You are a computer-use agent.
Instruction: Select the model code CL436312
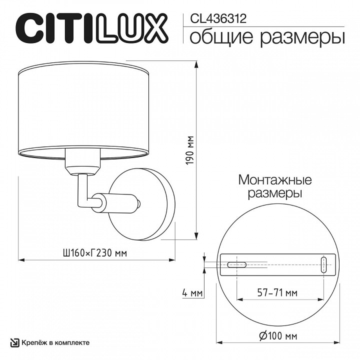click(x=218, y=19)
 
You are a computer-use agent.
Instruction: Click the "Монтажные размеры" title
click(x=274, y=185)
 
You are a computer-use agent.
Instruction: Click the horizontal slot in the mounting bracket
click(x=236, y=264)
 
